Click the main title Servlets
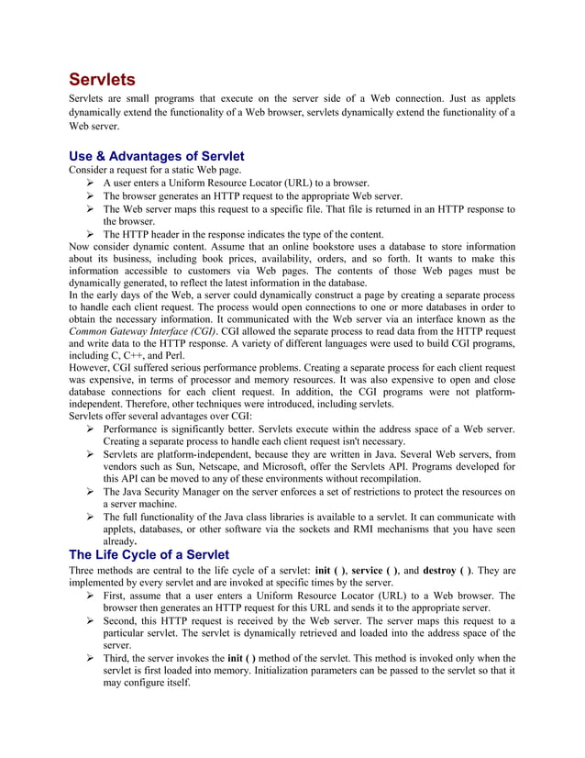tap(103, 79)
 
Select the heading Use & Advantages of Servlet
tap(157, 156)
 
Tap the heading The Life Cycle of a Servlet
tap(149, 554)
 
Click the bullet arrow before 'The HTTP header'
tap(91, 234)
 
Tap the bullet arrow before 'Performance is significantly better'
tap(91, 429)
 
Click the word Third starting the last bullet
tap(118, 658)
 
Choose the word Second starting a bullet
tap(123, 620)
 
